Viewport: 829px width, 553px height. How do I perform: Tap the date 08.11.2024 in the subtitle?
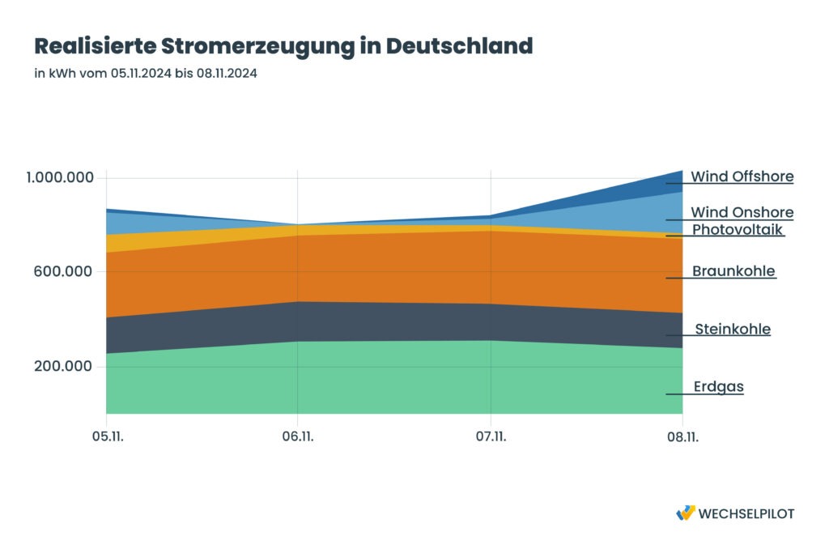click(x=227, y=74)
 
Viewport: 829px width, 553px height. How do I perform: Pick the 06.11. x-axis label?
click(x=298, y=437)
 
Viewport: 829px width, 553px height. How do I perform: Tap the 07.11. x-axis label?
click(x=491, y=437)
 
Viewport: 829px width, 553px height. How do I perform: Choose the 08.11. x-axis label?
click(x=682, y=437)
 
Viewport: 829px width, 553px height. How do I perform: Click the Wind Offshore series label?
click(x=742, y=177)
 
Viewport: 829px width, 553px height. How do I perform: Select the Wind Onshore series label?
click(x=742, y=212)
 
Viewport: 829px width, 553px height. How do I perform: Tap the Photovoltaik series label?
click(x=738, y=230)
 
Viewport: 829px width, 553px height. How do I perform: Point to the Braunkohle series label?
click(x=733, y=271)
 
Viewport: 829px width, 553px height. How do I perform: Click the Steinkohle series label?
click(x=733, y=330)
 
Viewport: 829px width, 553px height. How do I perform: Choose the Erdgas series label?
click(x=718, y=387)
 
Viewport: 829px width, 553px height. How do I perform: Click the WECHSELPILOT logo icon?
click(x=685, y=513)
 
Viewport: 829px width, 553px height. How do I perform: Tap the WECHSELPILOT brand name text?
click(x=746, y=513)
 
